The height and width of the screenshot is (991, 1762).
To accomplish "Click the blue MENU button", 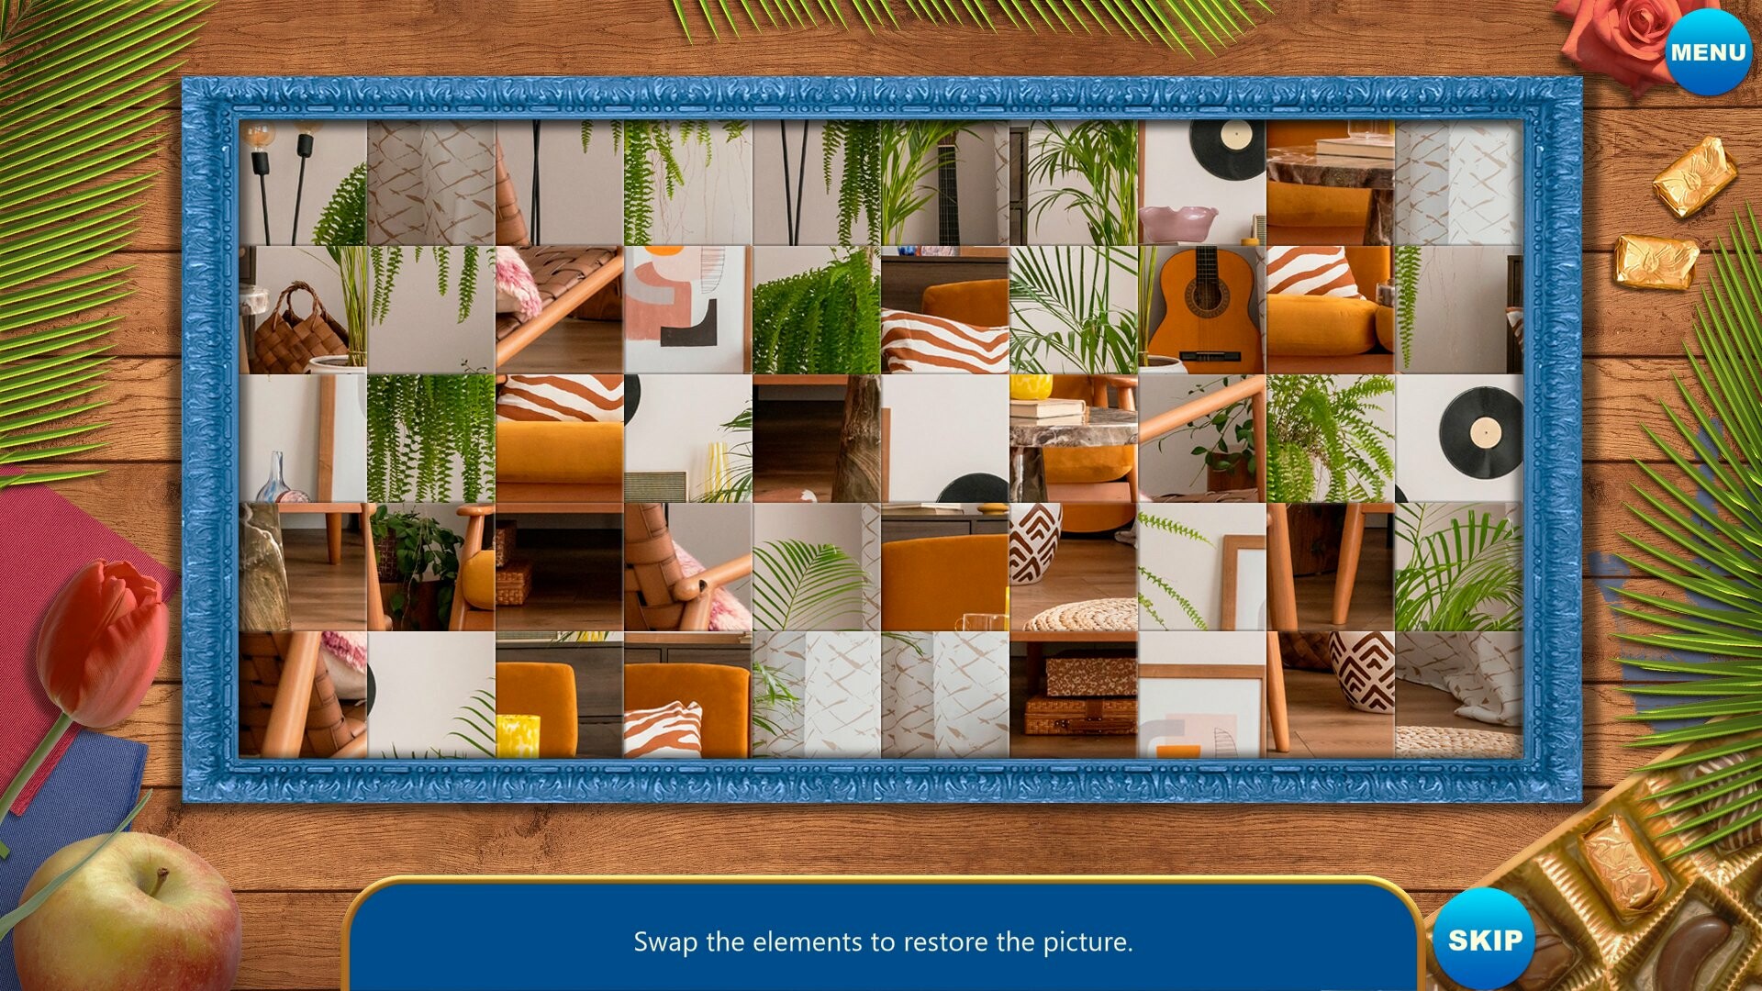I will coord(1708,52).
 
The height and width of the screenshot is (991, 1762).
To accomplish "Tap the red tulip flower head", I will coord(103,641).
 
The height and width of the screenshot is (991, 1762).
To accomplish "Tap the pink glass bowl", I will coord(1177,223).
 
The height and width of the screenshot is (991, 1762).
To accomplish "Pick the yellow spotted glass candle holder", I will coord(518,735).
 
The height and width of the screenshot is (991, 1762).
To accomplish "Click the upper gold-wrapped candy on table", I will coord(1693,176).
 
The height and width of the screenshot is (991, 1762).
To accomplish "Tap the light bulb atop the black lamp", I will coord(260,139).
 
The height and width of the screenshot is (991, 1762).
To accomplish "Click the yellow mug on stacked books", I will coord(1031,386).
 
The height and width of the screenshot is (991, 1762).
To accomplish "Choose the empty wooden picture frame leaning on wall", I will coord(1243,578).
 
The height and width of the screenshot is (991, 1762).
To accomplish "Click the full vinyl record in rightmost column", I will coord(1480,432).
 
